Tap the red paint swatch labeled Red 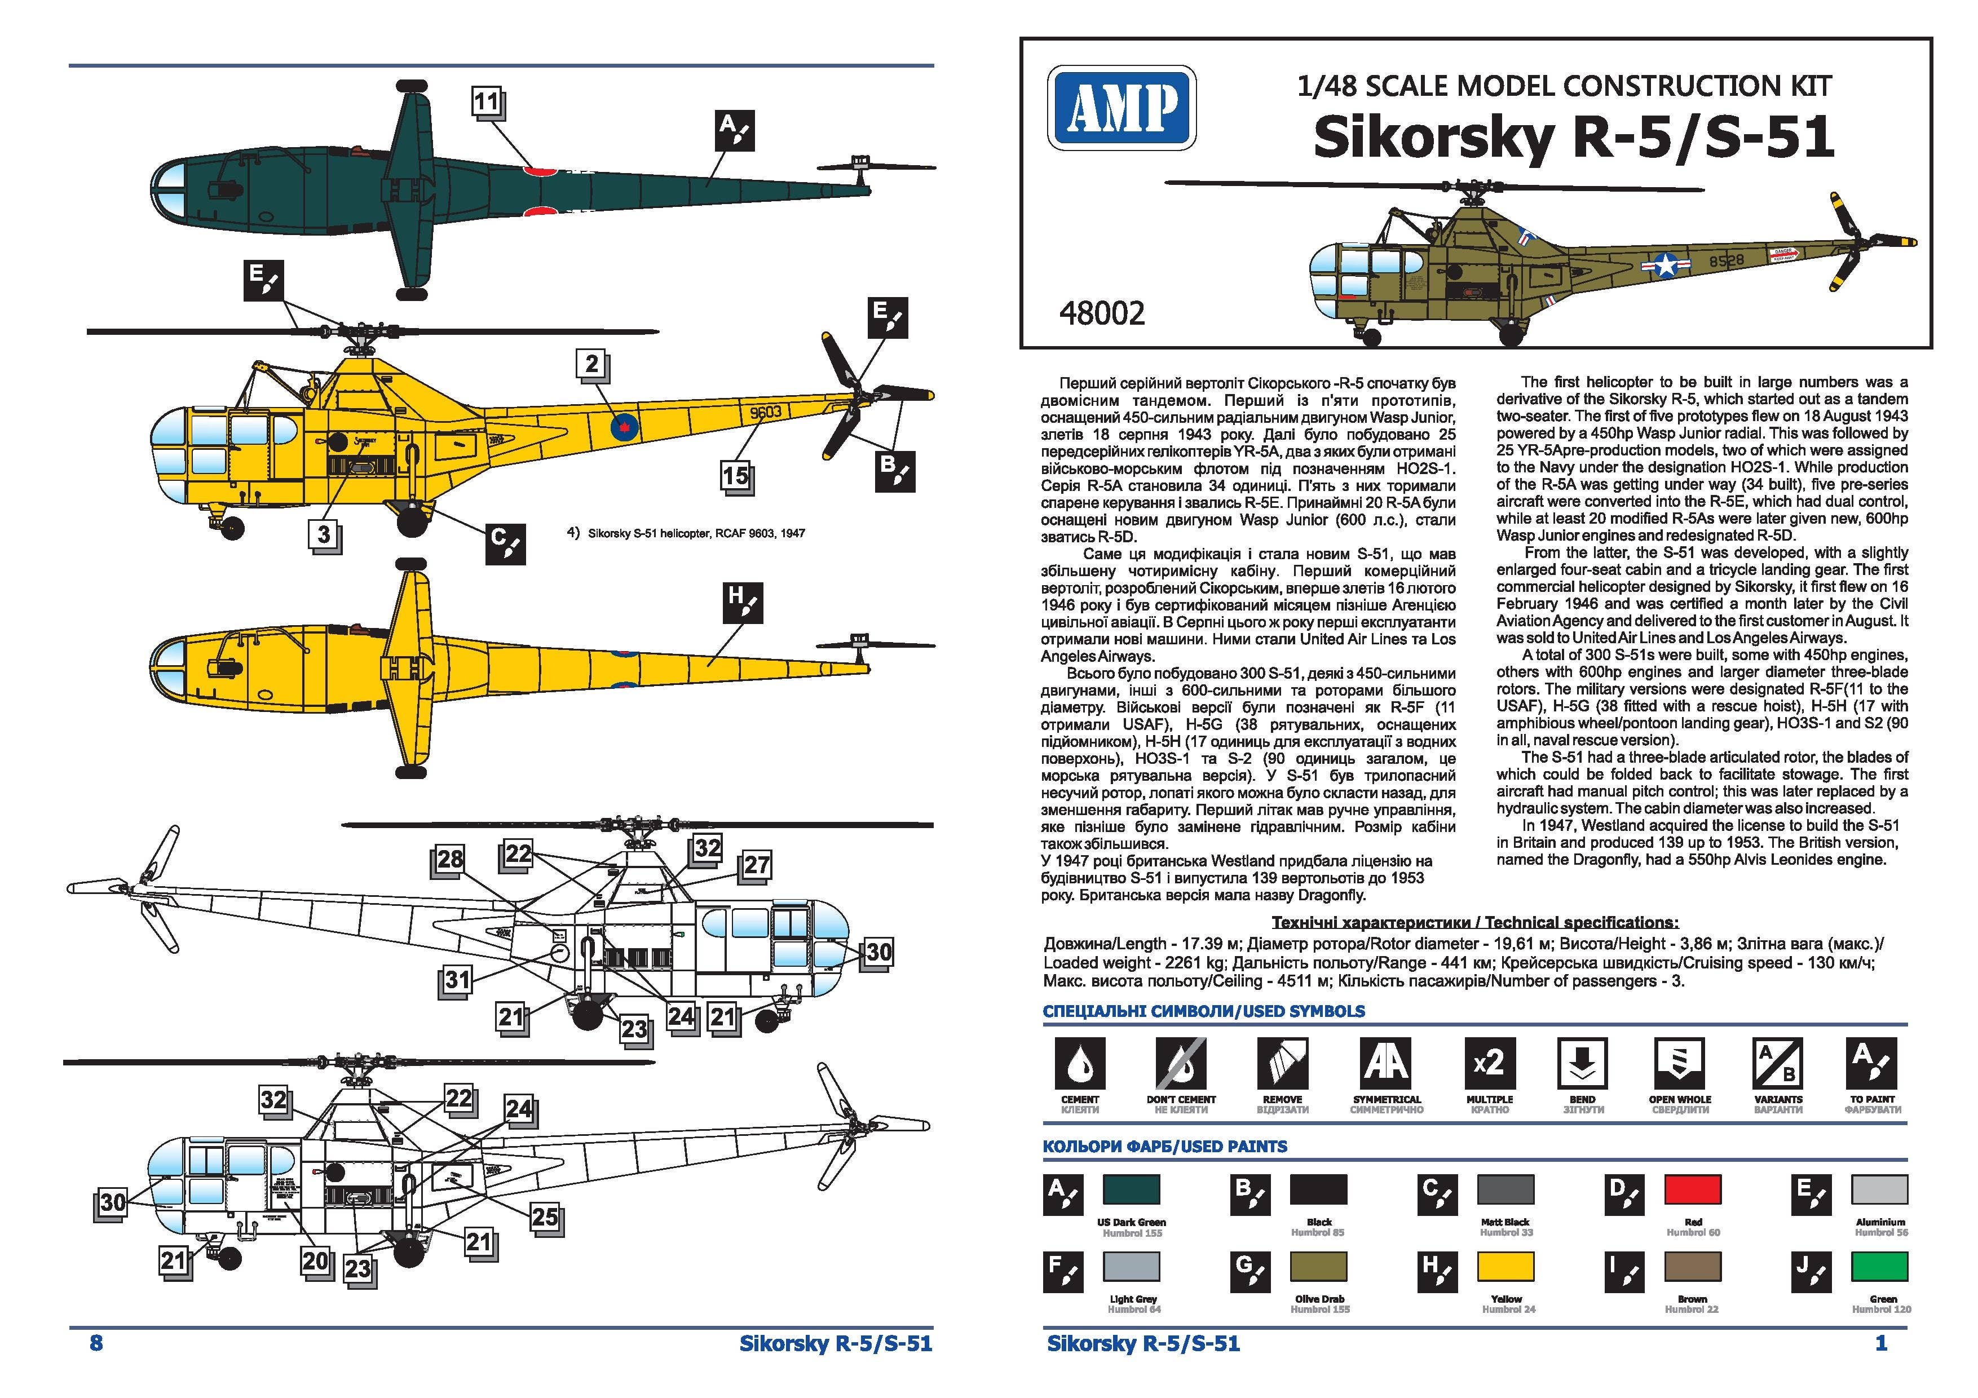click(x=1692, y=1189)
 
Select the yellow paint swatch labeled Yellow click(x=1506, y=1266)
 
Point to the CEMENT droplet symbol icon click(x=1079, y=1062)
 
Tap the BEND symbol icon click(x=1582, y=1062)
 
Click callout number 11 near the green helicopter click(x=487, y=101)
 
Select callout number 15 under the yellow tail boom click(x=735, y=475)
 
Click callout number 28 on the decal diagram click(x=450, y=859)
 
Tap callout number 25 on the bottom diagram click(x=545, y=1217)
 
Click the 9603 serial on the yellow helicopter click(x=765, y=413)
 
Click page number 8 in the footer click(x=96, y=1343)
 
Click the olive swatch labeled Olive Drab click(x=1319, y=1266)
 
